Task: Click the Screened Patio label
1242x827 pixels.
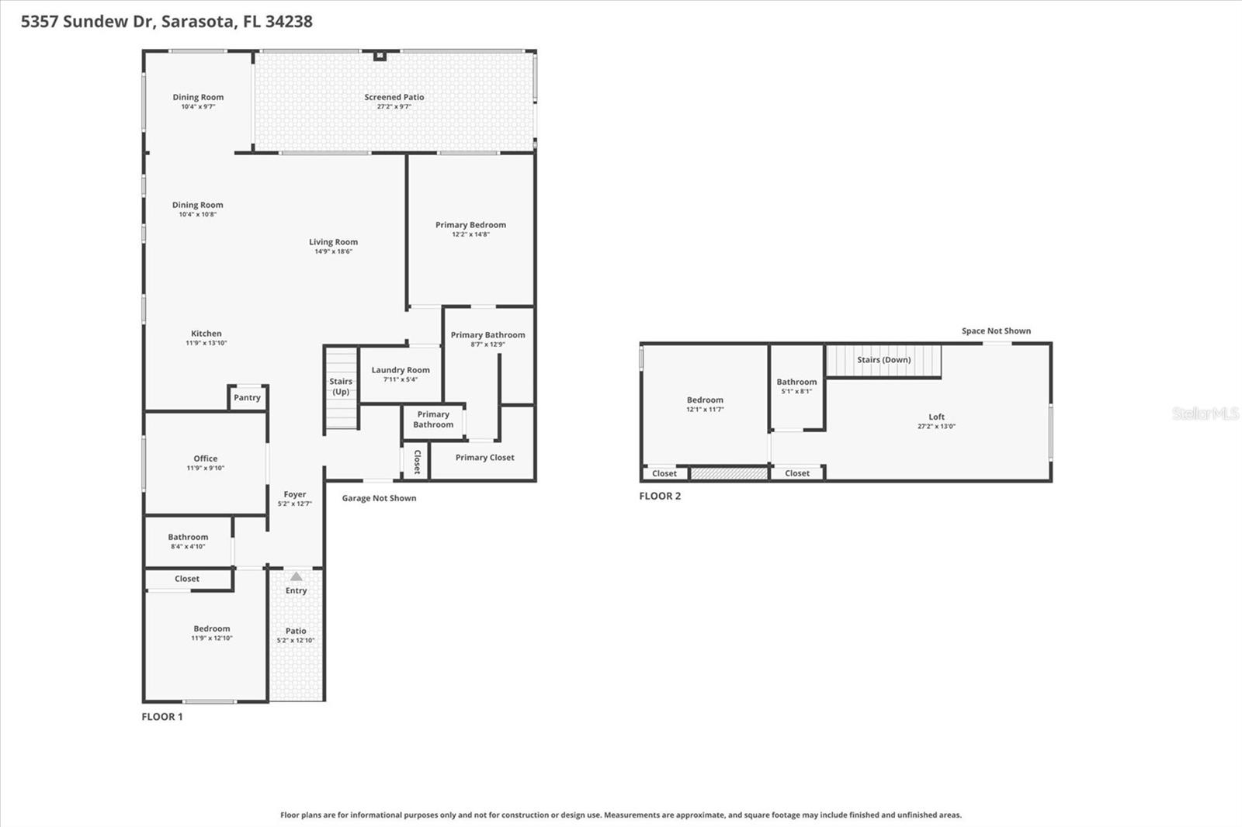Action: point(394,97)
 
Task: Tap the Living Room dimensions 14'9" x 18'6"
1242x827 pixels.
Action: point(333,251)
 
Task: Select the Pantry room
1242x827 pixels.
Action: point(247,397)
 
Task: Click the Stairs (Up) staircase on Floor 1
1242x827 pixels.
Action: point(341,389)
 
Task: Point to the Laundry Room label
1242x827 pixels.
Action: point(401,370)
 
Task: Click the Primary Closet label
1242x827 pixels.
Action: point(484,458)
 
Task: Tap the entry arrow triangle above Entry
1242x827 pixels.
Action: point(296,576)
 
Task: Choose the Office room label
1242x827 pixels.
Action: point(206,458)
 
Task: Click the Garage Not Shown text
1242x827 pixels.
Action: point(379,498)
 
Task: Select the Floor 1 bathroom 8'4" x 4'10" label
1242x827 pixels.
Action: point(188,537)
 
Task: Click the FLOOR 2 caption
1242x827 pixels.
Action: point(660,497)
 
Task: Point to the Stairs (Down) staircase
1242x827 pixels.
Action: point(883,361)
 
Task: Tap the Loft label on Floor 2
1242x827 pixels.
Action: point(937,417)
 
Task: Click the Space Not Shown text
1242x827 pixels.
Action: point(996,330)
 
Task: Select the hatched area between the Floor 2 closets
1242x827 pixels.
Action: point(729,473)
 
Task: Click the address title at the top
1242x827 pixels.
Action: point(167,22)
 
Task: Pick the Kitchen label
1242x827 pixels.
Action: point(206,334)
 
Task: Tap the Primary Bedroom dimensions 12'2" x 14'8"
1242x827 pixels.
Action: point(470,234)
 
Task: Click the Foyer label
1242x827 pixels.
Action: point(295,494)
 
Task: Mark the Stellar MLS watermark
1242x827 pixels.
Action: point(1205,413)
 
